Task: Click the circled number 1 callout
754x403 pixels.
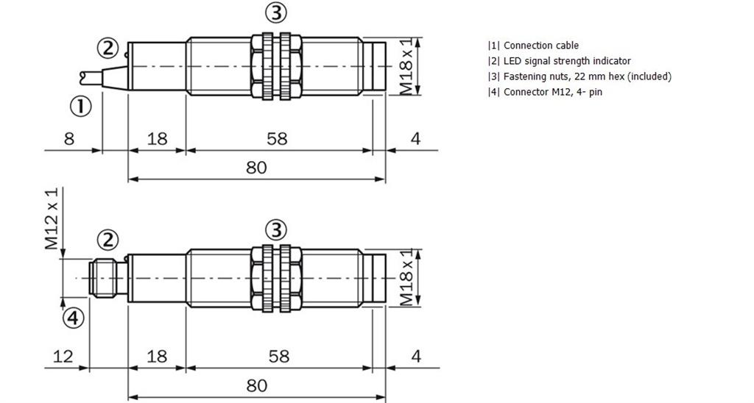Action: (80, 107)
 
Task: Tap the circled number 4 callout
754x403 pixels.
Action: (74, 318)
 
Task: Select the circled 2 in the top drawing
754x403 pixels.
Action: (108, 48)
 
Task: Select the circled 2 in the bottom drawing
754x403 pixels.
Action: (108, 240)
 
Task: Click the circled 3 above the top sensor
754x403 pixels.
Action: (276, 13)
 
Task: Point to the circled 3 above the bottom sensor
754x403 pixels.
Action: (276, 230)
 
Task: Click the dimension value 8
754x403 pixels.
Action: (69, 139)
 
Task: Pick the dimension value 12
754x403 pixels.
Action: (63, 357)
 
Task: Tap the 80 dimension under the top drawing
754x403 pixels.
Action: (256, 168)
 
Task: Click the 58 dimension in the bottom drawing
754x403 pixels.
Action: (279, 357)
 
